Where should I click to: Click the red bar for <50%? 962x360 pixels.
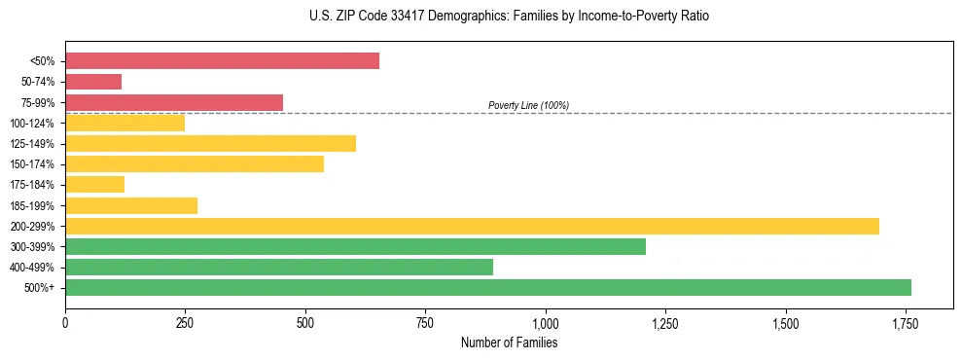[x=222, y=61]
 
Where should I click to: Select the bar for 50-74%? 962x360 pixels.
[x=93, y=82]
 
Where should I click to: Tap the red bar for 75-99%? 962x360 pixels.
[x=174, y=102]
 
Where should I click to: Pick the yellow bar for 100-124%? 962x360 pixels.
[x=125, y=124]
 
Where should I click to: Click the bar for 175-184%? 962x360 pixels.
[x=94, y=185]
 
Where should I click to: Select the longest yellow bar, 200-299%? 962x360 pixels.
[x=472, y=226]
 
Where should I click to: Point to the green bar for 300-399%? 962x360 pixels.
[x=355, y=247]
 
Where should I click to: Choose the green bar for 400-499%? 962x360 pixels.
[x=279, y=268]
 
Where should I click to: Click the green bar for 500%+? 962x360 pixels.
[x=488, y=288]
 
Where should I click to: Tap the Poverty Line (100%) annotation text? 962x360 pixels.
[x=528, y=105]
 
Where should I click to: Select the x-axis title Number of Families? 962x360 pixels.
[x=509, y=342]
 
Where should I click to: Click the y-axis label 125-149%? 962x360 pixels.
[x=32, y=144]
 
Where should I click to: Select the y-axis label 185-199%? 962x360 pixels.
[x=32, y=206]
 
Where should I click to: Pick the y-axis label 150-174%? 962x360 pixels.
[x=32, y=164]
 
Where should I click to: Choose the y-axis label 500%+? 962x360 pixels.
[x=39, y=288]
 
